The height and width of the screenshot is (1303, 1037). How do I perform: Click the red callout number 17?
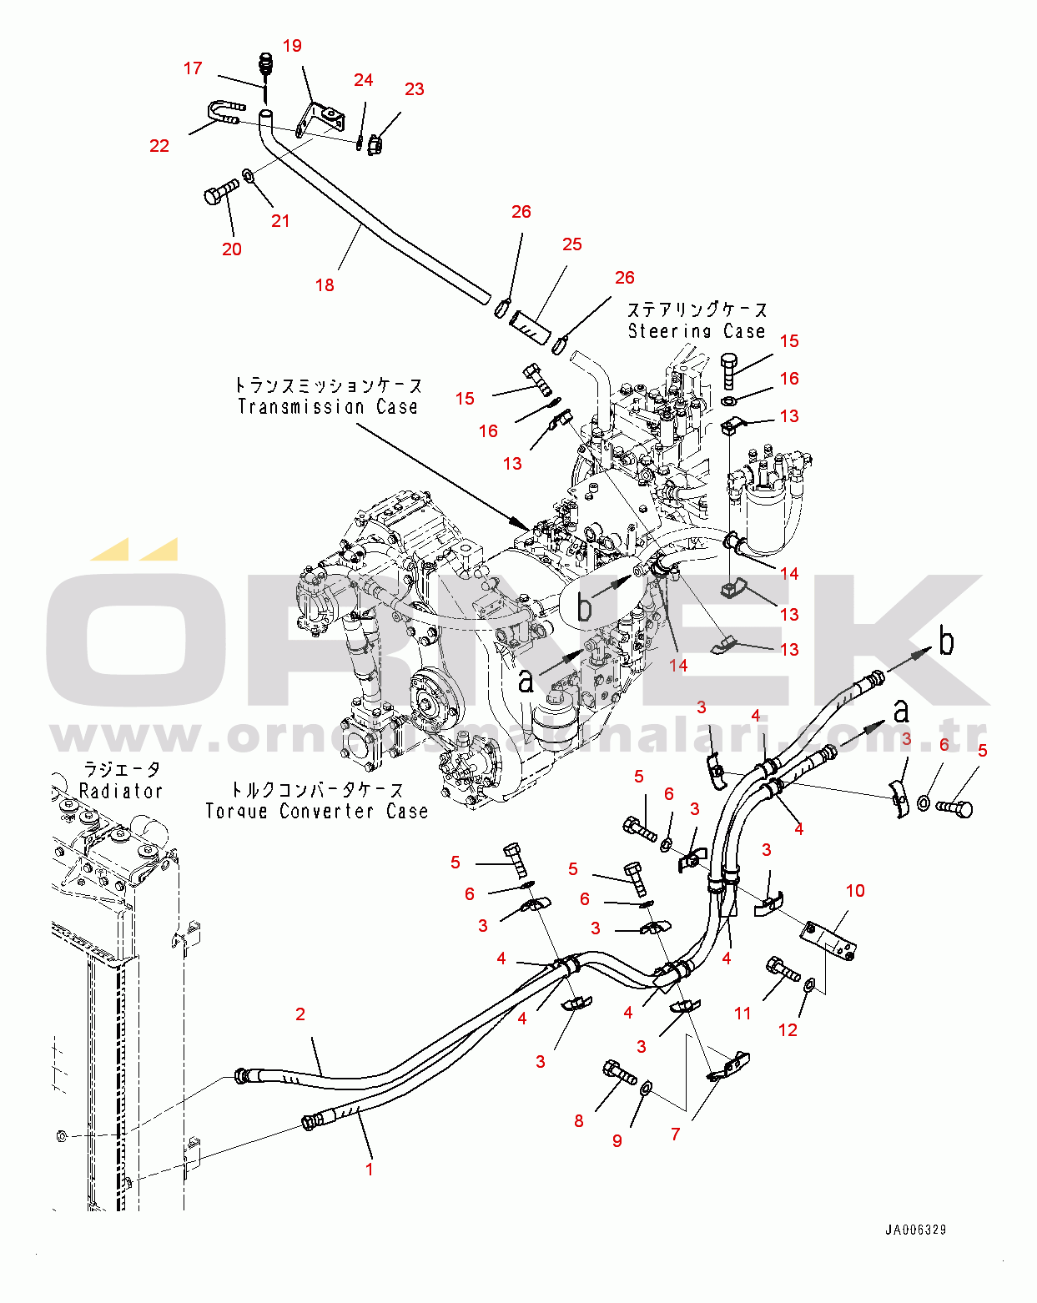pos(193,68)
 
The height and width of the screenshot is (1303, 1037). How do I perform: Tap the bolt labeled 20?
pos(220,193)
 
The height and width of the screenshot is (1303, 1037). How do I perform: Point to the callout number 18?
pos(325,285)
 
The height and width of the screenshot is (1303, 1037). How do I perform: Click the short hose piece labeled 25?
pos(533,325)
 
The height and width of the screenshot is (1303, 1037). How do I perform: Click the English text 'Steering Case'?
pos(696,331)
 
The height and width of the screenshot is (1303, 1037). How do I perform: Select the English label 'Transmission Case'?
pos(327,407)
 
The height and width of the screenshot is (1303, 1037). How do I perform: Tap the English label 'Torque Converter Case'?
pos(316,811)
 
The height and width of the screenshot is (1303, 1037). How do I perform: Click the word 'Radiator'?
pos(120,791)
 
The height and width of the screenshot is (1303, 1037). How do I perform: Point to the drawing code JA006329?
pos(915,1230)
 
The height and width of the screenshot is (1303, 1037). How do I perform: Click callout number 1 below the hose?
pos(370,1169)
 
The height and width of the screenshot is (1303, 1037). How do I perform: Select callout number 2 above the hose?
pos(300,1014)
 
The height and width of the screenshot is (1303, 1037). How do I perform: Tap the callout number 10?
pos(855,891)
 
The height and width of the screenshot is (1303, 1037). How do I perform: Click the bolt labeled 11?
pos(782,970)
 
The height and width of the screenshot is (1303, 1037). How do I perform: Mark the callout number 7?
pos(675,1134)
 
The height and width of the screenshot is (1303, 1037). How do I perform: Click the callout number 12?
pos(788,1030)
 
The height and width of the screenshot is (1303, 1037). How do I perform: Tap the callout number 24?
pos(363,80)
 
